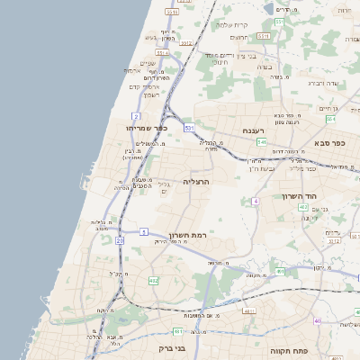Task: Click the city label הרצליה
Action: click(196, 181)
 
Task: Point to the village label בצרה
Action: click(265, 66)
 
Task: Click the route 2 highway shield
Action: click(135, 116)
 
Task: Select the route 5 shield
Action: click(143, 231)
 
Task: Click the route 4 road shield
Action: click(255, 202)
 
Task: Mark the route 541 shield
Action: click(260, 141)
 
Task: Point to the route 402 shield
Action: click(302, 208)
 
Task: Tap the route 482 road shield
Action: click(153, 281)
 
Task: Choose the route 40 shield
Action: click(317, 321)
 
